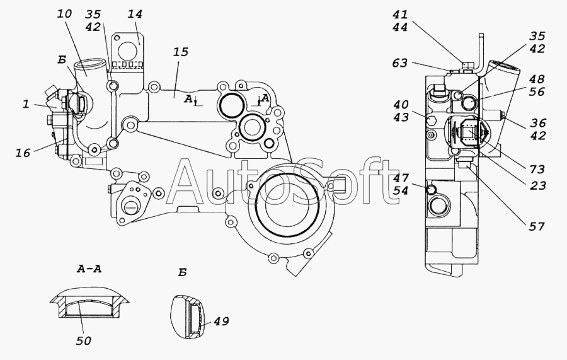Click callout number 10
coord(64,14)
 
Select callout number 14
coord(135,14)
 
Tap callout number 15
coord(180,52)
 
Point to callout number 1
coord(26,105)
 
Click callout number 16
coord(23,153)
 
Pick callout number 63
coord(399,63)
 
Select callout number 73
coord(537,169)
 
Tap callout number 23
coord(538,185)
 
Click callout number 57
coord(537,226)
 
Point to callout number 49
coord(221,321)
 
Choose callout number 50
coord(84,340)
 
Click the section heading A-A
coord(89,269)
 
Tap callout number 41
coord(400,15)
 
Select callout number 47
coord(401,178)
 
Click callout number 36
coord(538,123)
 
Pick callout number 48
coord(537,79)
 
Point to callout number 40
coord(401,105)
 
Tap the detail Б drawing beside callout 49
coord(189,317)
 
